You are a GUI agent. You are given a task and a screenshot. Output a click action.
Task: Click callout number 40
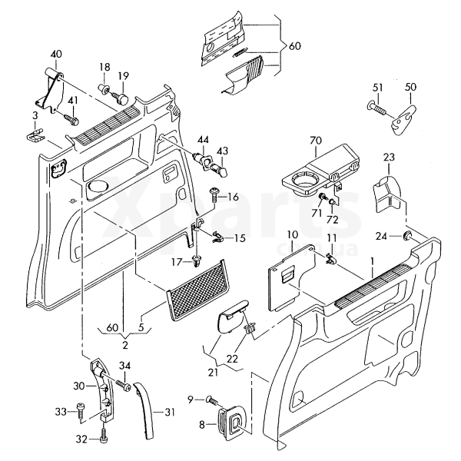click(x=55, y=54)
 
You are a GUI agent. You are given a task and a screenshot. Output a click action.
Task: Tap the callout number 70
click(x=315, y=140)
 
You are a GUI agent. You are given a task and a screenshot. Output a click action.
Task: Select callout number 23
click(x=389, y=158)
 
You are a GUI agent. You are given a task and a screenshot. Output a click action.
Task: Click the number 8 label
click(x=202, y=425)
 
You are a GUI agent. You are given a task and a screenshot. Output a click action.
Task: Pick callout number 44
click(x=203, y=141)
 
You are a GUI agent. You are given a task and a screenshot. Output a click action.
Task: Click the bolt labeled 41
click(x=70, y=119)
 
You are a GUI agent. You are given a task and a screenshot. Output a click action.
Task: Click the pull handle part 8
click(x=230, y=420)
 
